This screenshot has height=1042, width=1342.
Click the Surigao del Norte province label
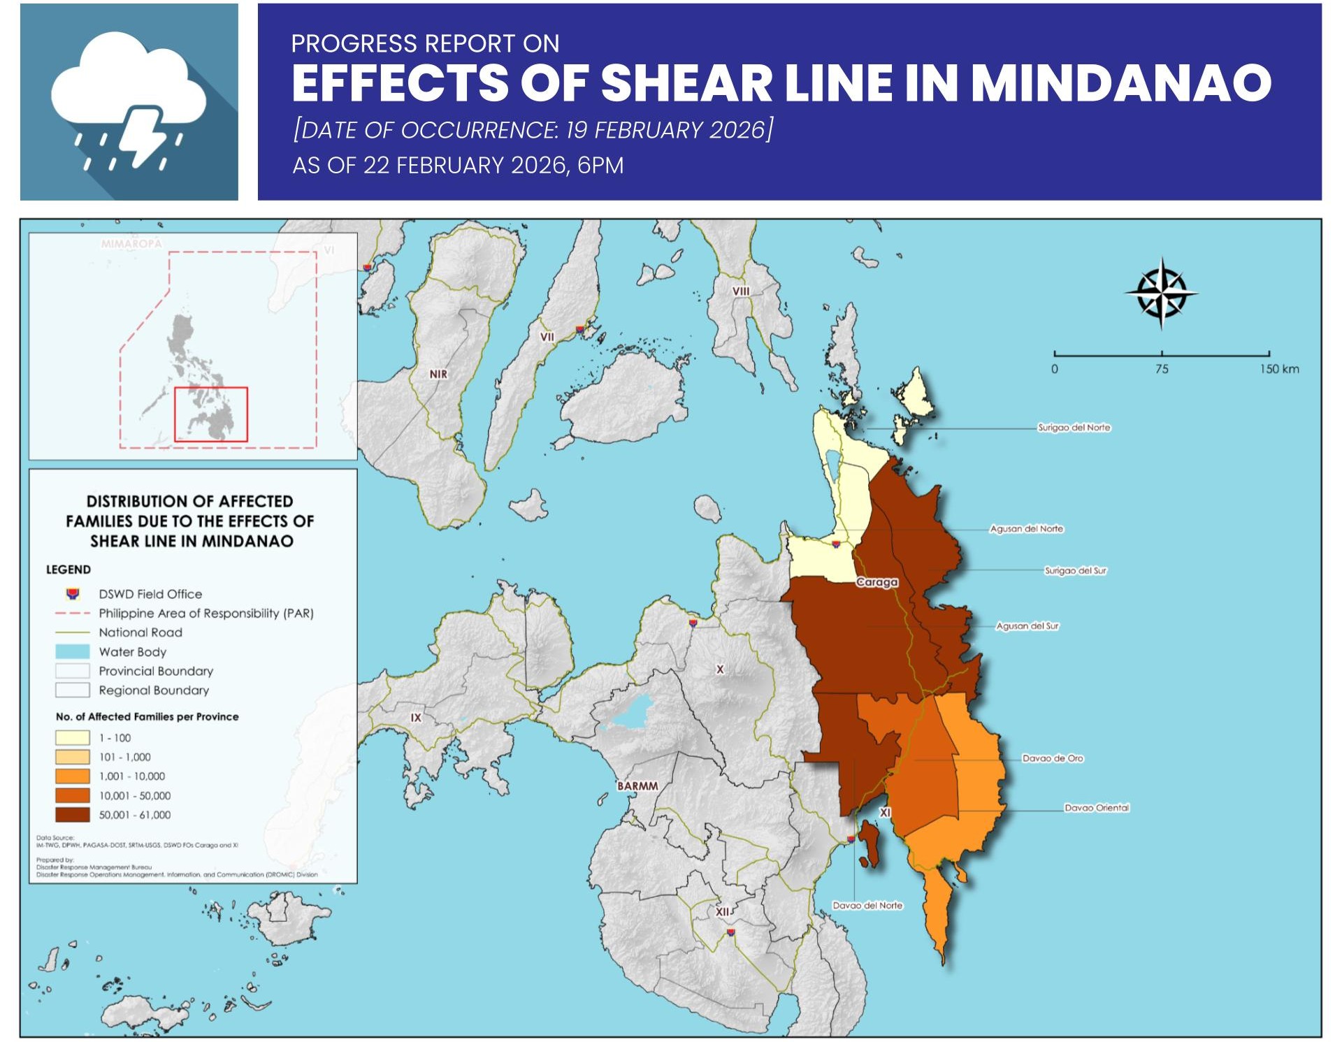click(1074, 428)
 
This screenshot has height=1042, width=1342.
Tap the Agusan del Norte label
click(1026, 529)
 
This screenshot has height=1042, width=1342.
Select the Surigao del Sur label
click(1075, 571)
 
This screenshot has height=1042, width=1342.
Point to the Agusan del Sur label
click(1027, 626)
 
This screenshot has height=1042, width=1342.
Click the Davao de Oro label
click(1052, 758)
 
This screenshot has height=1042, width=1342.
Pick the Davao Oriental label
click(1096, 808)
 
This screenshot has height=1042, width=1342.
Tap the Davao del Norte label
click(867, 906)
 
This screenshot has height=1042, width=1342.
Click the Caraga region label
click(876, 582)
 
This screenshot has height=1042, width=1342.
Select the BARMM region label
click(637, 786)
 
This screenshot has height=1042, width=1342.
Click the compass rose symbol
click(1161, 294)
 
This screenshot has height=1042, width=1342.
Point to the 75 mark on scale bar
click(1161, 369)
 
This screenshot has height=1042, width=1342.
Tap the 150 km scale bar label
click(1278, 369)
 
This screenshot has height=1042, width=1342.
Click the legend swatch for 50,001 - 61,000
click(73, 815)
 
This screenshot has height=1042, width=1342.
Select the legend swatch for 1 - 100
click(73, 738)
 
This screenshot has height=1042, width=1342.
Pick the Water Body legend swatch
click(73, 651)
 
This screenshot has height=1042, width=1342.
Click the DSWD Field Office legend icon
click(72, 594)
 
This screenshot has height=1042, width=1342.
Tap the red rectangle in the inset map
click(210, 414)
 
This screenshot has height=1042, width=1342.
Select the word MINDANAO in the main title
click(1120, 83)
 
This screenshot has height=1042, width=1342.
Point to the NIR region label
click(438, 375)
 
